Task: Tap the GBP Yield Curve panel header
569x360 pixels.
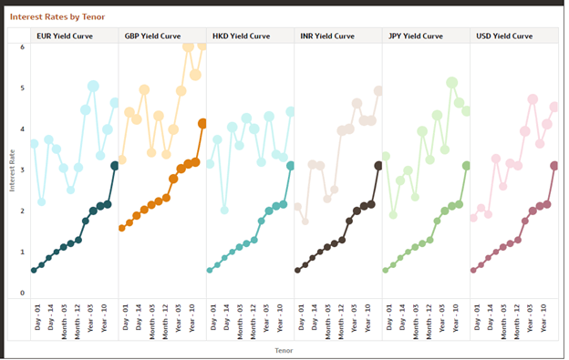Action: [152, 36]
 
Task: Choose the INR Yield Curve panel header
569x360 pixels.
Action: [328, 36]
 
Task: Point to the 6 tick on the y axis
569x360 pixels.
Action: [23, 46]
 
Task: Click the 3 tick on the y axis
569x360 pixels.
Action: [23, 170]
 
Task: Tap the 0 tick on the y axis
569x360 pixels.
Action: [23, 293]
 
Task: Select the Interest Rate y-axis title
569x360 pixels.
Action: [12, 170]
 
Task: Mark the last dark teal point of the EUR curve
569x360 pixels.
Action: [115, 165]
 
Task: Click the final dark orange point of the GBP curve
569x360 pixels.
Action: [202, 123]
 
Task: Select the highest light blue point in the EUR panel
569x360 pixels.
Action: [93, 87]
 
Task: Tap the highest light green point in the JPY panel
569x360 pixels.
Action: [451, 83]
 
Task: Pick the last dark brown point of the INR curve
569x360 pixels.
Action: [378, 165]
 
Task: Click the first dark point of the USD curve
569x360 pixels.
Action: [473, 270]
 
